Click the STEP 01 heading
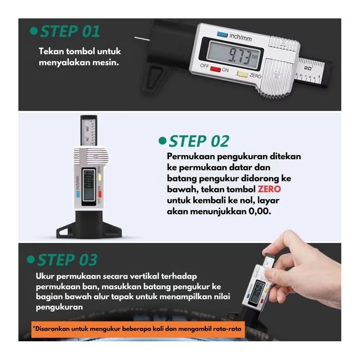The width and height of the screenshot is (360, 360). (70, 31)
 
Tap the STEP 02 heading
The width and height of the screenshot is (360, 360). (199, 141)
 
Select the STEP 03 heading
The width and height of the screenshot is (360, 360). (67, 260)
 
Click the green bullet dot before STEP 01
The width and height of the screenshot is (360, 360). (34, 31)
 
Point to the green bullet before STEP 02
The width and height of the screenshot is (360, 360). (162, 140)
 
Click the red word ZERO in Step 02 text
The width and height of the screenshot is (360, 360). (269, 189)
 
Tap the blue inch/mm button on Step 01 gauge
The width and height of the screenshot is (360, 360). (222, 35)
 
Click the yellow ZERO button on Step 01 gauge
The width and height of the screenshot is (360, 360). (242, 74)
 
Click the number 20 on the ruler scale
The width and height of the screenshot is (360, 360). (307, 68)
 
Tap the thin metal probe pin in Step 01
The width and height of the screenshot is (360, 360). (142, 39)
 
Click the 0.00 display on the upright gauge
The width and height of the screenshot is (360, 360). (89, 181)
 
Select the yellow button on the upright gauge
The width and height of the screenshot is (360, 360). (100, 178)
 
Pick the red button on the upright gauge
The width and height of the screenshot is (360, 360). (100, 194)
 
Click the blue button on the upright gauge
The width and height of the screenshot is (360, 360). (77, 194)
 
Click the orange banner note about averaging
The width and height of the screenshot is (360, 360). (138, 329)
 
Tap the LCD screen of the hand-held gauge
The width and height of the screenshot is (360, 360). (257, 292)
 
